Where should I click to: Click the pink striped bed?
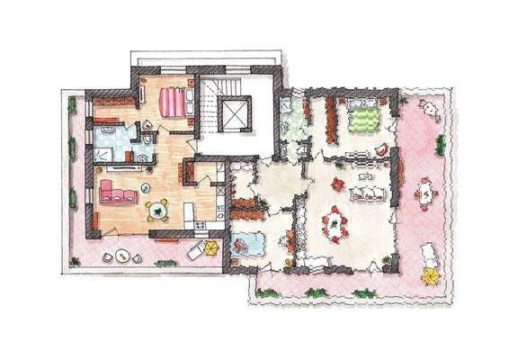pos(174,101)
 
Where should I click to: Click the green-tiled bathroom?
pos(292,126)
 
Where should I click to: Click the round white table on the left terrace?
pos(121,256)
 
